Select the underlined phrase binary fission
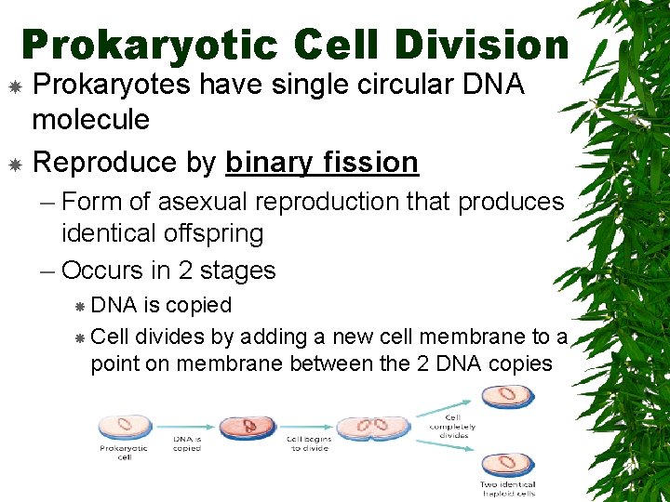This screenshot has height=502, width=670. [x=321, y=163]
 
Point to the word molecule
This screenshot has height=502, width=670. [x=90, y=119]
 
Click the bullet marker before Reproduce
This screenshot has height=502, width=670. [x=15, y=165]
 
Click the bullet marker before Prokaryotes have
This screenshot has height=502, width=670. [x=15, y=86]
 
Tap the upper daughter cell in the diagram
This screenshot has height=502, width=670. [x=508, y=394]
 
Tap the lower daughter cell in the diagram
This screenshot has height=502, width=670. [x=508, y=464]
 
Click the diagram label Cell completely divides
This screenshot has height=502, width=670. [x=452, y=426]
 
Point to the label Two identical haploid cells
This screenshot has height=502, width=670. [x=508, y=489]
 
